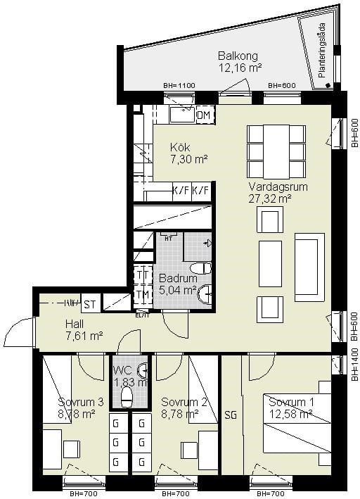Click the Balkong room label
[x=238, y=56]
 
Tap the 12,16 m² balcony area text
[x=240, y=68]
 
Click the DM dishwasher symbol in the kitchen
[x=204, y=115]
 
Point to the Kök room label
[x=180, y=148]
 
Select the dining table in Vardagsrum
[x=276, y=151]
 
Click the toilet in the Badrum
[x=202, y=267]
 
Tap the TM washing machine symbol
[x=142, y=295]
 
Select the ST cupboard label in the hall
[x=89, y=304]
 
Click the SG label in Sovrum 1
[x=231, y=415]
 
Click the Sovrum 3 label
[x=81, y=402]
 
